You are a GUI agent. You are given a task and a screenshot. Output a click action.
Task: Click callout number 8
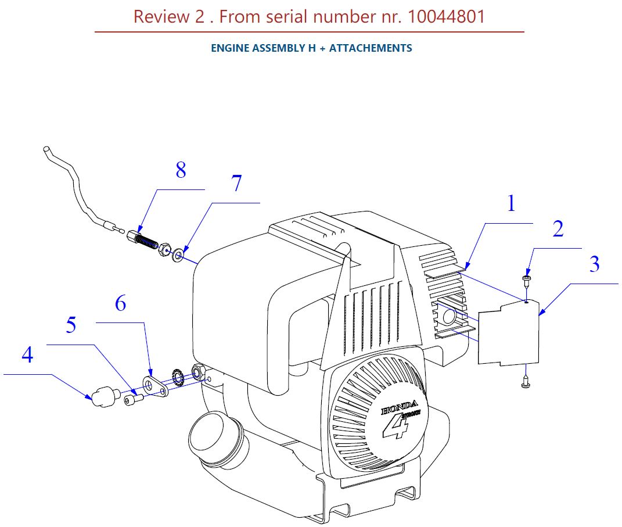(x=181, y=170)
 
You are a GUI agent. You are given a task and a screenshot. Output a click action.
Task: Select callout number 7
(x=236, y=183)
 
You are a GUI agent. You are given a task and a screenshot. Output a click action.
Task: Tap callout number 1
(x=511, y=203)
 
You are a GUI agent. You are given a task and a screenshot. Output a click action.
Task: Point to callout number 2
(x=558, y=228)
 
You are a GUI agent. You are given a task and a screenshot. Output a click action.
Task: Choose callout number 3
(x=594, y=264)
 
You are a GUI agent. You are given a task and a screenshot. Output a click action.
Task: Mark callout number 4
(x=27, y=354)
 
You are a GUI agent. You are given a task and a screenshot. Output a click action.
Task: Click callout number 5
(x=71, y=325)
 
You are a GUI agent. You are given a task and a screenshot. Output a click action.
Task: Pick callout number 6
(x=121, y=303)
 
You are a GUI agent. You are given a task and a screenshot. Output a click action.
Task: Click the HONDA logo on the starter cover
(x=399, y=407)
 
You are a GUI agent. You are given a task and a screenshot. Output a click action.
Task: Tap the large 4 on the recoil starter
(x=396, y=426)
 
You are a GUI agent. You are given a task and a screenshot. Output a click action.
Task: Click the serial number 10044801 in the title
(x=446, y=17)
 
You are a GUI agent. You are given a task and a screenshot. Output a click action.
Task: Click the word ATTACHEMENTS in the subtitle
(x=371, y=48)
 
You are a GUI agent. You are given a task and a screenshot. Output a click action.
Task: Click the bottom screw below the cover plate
(x=526, y=382)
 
